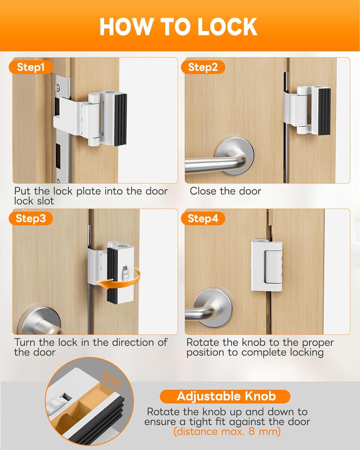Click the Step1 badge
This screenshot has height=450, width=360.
point(31,67)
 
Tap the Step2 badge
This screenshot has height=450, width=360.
point(203,67)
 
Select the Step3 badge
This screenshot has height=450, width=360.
point(31,218)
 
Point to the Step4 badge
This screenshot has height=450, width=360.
point(203,218)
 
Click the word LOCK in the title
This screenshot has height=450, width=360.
point(227,27)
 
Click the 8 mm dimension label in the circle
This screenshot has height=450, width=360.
point(113,379)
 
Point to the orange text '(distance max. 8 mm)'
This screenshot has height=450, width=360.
point(227,431)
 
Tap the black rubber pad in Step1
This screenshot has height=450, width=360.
point(120,120)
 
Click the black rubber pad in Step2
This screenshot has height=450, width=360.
point(324,112)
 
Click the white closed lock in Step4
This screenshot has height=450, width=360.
point(267,265)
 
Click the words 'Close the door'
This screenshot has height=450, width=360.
point(226,191)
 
